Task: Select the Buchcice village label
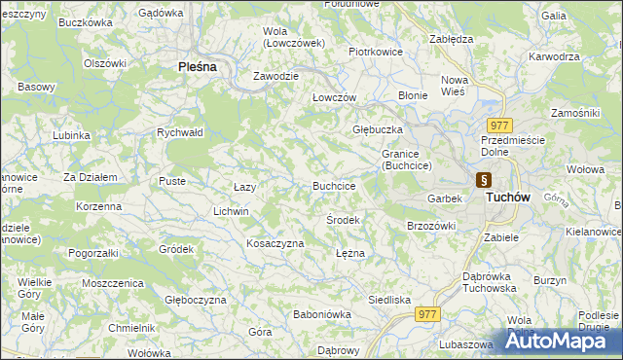[x=333, y=186]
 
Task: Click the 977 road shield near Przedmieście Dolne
[x=500, y=126]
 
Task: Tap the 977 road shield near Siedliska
[x=426, y=314]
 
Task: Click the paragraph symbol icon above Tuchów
[x=484, y=180]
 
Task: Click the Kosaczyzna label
[x=275, y=243]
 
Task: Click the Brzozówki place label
[x=431, y=226]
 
